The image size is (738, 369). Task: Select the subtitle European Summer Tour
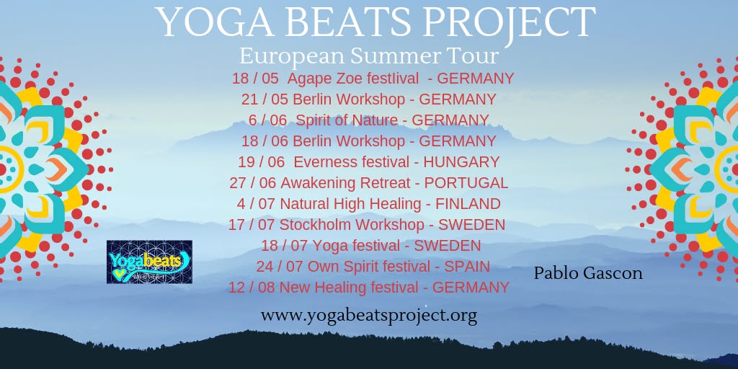[x=368, y=56]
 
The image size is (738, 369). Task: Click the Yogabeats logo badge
[x=149, y=262]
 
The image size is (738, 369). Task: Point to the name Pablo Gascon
[x=588, y=273]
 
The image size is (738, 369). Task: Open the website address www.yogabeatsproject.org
[x=368, y=316]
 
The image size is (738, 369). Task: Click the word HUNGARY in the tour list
[x=461, y=162]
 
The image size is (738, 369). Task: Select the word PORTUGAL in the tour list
[x=466, y=182]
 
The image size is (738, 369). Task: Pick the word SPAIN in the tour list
[x=467, y=267]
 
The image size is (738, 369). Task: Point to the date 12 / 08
[x=252, y=287]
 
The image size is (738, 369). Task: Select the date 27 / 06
[x=253, y=182]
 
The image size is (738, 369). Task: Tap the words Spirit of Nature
[x=347, y=120]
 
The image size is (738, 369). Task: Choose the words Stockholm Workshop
[x=352, y=225]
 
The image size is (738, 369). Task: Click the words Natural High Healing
[x=350, y=204]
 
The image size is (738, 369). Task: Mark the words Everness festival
[x=351, y=162]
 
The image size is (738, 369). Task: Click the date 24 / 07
[x=280, y=267]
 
